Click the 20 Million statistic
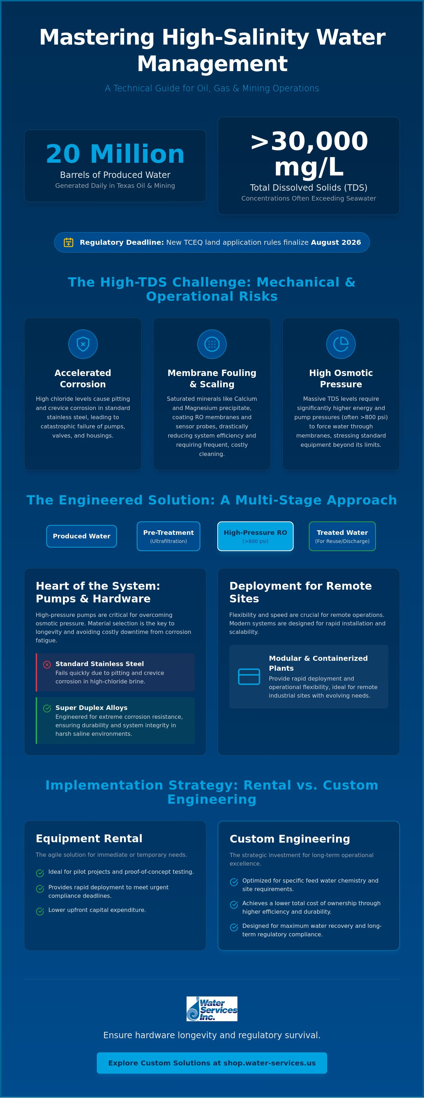click(x=115, y=154)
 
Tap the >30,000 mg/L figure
click(x=308, y=154)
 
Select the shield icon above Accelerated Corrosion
click(x=83, y=344)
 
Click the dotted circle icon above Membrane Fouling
click(x=212, y=344)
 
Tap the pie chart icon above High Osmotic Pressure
click(x=341, y=344)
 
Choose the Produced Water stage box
click(x=82, y=536)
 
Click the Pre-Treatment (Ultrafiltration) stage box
click(x=169, y=536)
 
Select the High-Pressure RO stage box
click(x=255, y=536)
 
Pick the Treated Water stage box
click(x=342, y=536)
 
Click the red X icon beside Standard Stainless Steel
click(x=47, y=665)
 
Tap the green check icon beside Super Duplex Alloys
click(x=47, y=709)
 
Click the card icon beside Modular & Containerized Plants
click(x=249, y=676)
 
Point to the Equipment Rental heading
click(x=89, y=838)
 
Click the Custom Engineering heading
click(x=290, y=839)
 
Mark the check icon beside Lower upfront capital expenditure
click(x=40, y=911)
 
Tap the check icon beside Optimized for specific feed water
click(x=234, y=882)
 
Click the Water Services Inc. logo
click(x=212, y=1009)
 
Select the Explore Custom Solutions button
click(x=212, y=1063)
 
